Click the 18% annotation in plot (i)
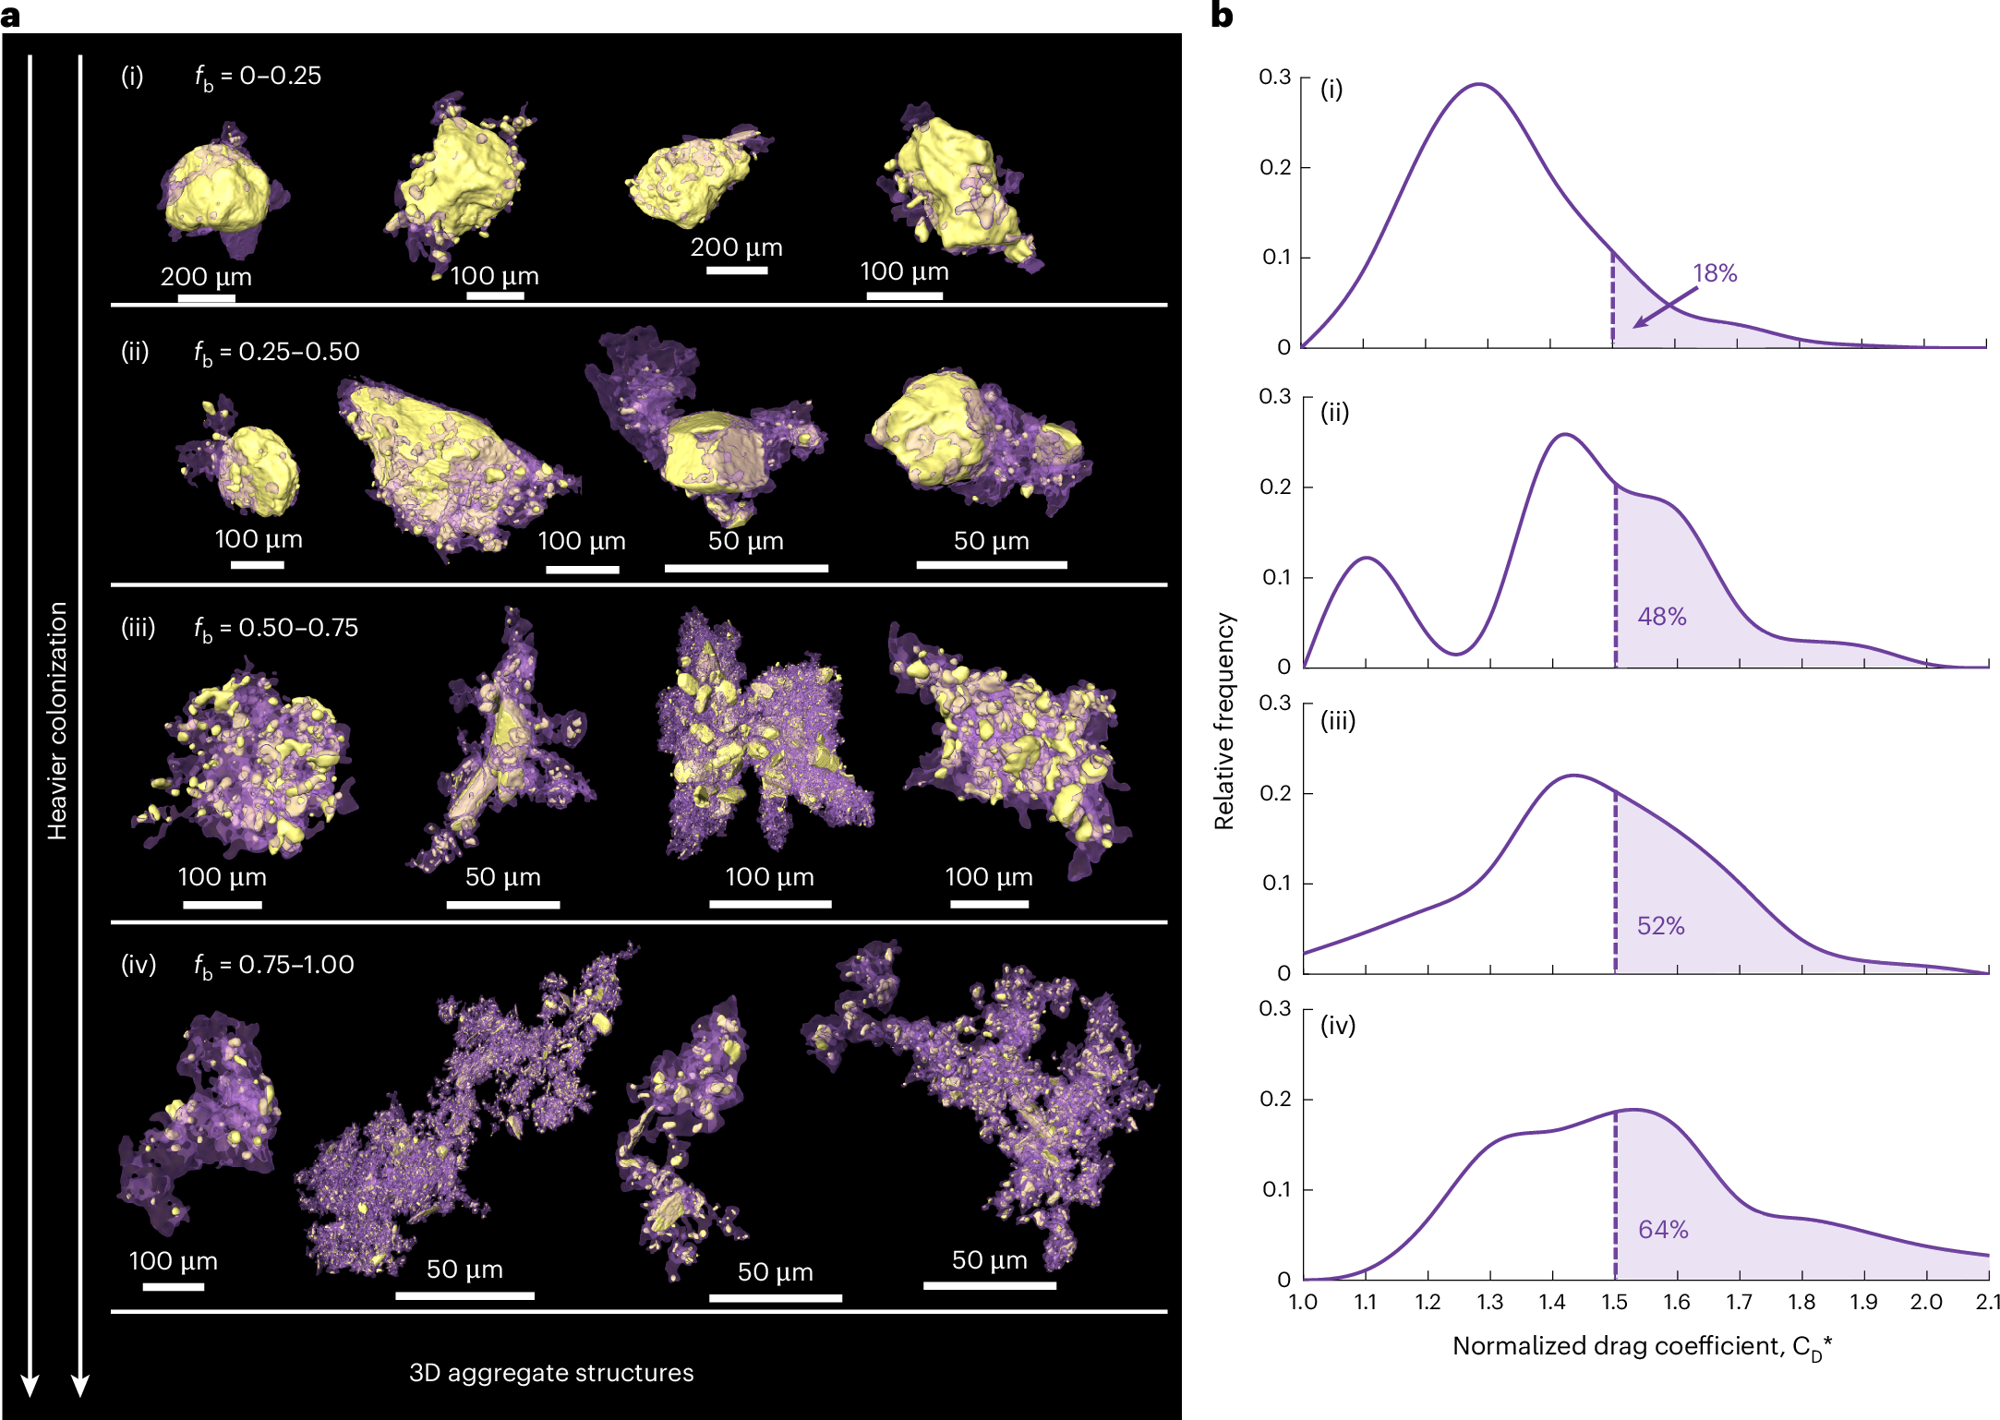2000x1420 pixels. click(x=1715, y=273)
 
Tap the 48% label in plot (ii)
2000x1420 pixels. click(x=1661, y=617)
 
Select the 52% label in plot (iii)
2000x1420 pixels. click(x=1660, y=925)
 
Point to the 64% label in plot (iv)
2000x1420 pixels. click(x=1662, y=1230)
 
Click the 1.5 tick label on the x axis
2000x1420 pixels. click(x=1614, y=1302)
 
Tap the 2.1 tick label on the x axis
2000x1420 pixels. click(x=1987, y=1302)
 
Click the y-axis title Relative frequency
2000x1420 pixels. click(x=1223, y=720)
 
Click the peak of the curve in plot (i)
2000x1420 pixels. click(x=1479, y=85)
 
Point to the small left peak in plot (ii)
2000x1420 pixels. click(x=1366, y=559)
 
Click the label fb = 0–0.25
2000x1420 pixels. click(x=258, y=77)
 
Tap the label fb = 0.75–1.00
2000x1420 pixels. click(x=273, y=966)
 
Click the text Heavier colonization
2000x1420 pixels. click(x=57, y=720)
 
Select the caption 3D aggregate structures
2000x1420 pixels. click(x=551, y=1373)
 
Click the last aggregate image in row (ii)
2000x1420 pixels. click(x=979, y=439)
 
